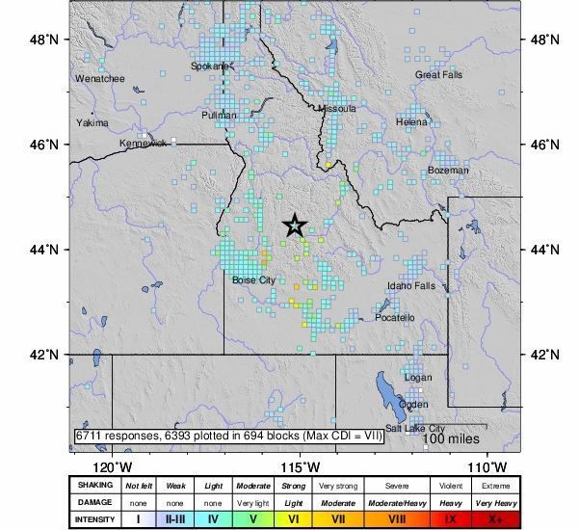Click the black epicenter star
296,225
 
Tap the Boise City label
254,279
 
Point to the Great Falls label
439,74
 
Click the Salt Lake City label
415,428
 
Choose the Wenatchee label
98,78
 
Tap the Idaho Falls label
411,286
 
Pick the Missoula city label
337,108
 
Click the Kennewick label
143,143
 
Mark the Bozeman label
449,170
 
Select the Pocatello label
395,317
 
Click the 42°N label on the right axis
546,354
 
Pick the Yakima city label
92,123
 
